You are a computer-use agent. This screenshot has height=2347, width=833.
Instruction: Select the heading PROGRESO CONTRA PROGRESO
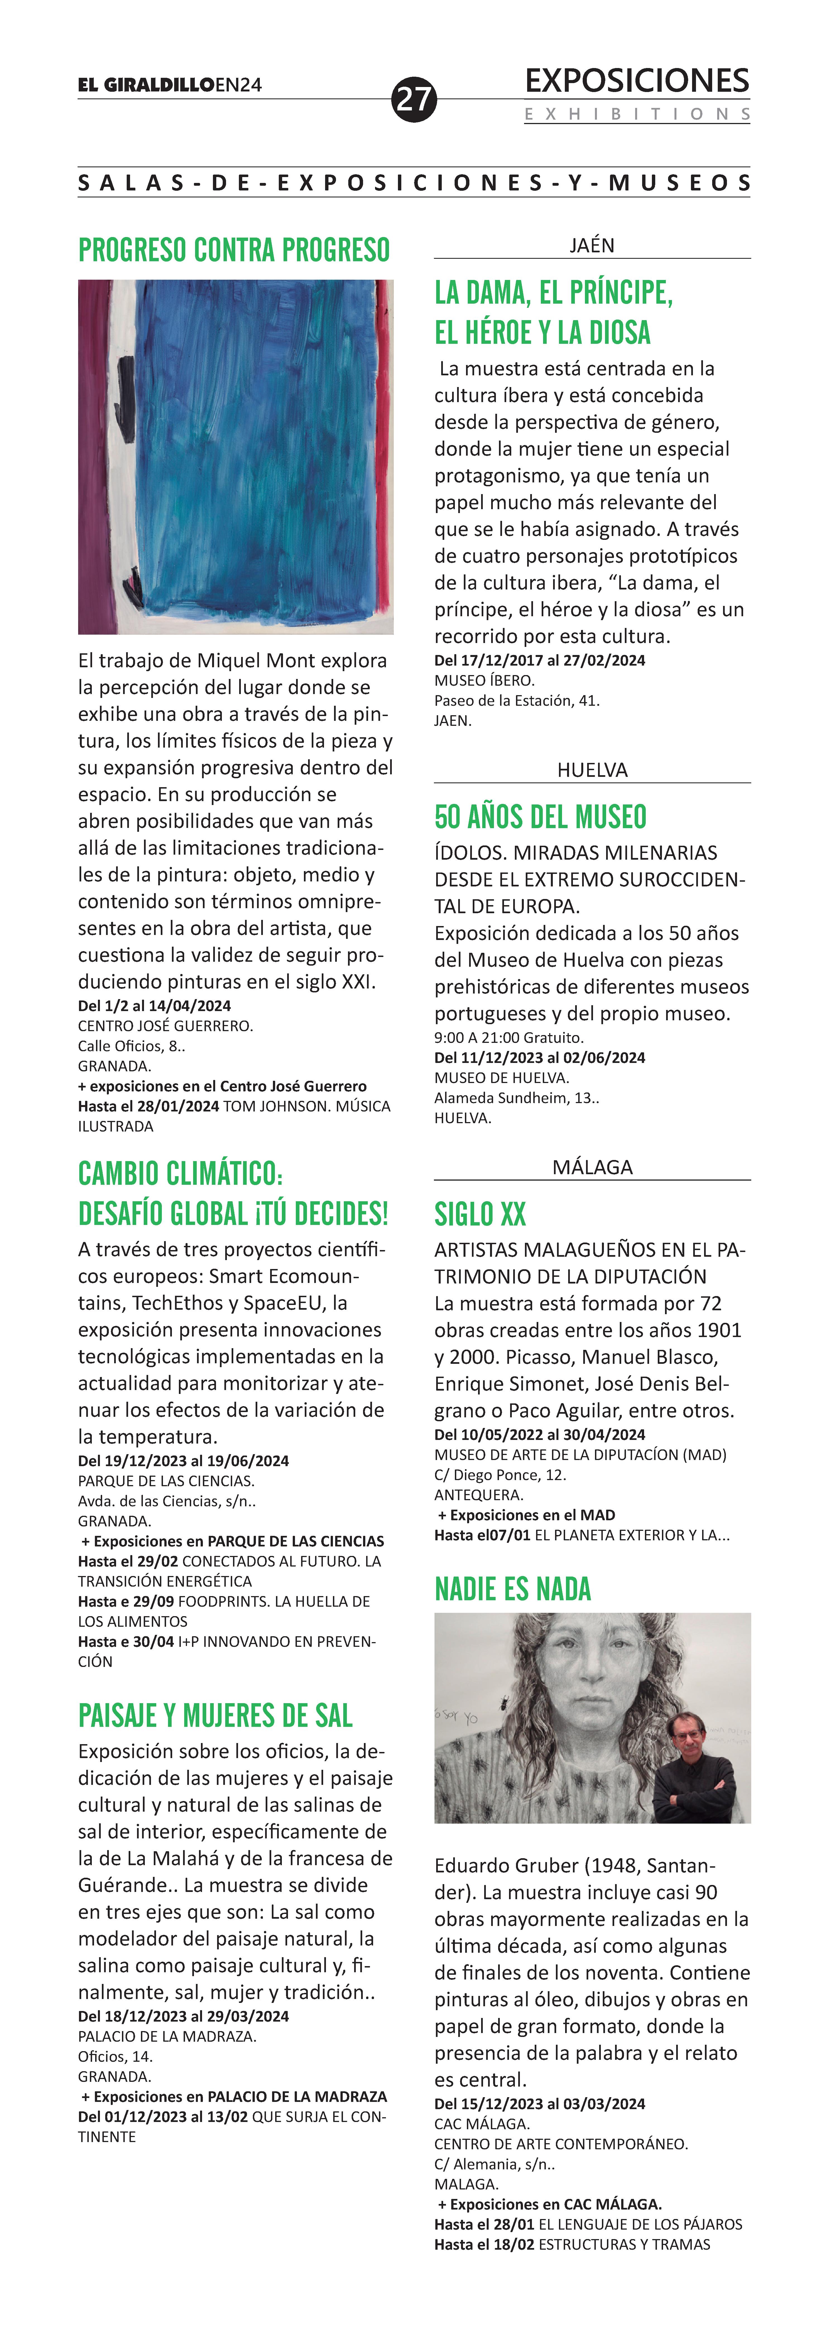(x=234, y=250)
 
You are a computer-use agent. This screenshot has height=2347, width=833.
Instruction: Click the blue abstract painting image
(x=235, y=456)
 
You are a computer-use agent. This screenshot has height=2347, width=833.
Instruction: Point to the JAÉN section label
(x=592, y=245)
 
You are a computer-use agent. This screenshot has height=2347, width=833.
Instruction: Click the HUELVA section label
(x=592, y=770)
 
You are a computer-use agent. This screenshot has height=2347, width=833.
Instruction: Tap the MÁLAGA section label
(x=592, y=1167)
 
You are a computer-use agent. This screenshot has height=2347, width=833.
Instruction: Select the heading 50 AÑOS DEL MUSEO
(x=541, y=816)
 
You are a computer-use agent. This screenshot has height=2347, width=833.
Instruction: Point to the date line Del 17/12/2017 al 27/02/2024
(x=539, y=661)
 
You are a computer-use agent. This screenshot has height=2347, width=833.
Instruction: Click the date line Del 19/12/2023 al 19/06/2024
(x=183, y=1461)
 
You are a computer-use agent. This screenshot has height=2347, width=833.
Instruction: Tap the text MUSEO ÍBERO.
(x=484, y=681)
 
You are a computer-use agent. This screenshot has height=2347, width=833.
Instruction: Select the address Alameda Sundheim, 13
(x=516, y=1098)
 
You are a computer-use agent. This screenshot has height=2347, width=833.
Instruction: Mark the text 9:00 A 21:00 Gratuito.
(x=508, y=1038)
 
